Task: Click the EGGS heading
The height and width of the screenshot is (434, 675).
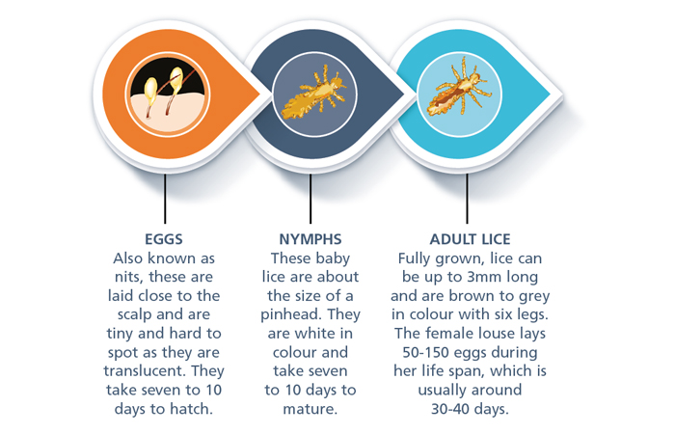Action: [164, 239]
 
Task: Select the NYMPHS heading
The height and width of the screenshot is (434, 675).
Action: [310, 239]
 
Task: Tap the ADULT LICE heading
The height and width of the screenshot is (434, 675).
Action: [471, 239]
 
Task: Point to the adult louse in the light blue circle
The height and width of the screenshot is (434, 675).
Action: [458, 88]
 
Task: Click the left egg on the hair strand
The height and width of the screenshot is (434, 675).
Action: [150, 89]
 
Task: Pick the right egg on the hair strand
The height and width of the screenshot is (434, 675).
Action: [176, 80]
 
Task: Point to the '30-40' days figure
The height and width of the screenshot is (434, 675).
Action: [450, 409]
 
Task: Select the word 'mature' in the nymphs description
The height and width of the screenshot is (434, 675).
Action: [309, 409]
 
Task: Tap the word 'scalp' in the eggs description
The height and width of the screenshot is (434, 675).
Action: [135, 314]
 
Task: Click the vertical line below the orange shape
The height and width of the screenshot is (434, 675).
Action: [165, 199]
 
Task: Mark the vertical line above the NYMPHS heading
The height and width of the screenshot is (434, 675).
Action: [310, 199]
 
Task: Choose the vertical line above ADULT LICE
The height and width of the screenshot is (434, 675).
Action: [467, 199]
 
